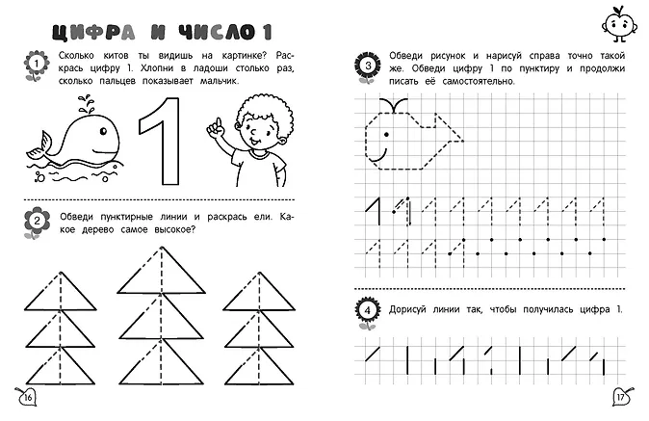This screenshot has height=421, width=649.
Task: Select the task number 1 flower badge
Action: coord(35,66)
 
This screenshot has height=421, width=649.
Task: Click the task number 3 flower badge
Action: coord(369,66)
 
